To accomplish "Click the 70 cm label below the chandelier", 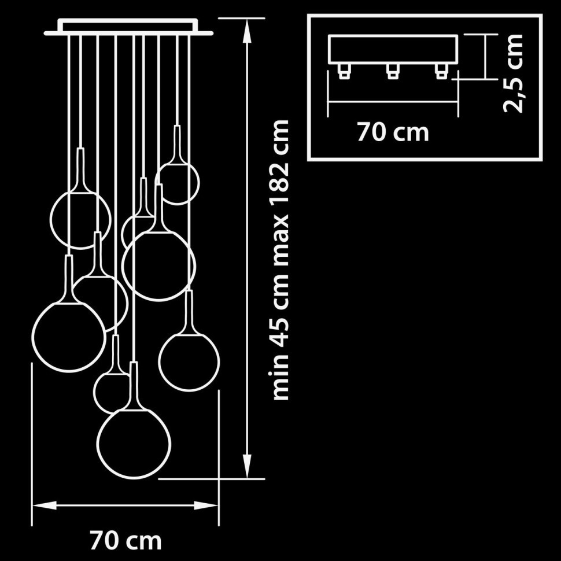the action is tap(126, 541).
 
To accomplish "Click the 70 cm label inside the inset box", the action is tap(393, 132).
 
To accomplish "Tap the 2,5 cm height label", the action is tap(513, 73).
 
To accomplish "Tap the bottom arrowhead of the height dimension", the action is tap(246, 466).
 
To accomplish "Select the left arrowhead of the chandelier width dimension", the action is tap(45, 505).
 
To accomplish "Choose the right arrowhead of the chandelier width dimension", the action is tap(206, 505).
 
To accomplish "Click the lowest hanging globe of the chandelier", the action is tap(134, 443).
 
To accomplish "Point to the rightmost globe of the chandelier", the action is tap(189, 362).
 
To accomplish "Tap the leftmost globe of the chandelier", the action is tap(69, 337).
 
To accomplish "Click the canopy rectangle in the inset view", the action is tap(393, 49).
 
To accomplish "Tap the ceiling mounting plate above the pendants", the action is tap(129, 28).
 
